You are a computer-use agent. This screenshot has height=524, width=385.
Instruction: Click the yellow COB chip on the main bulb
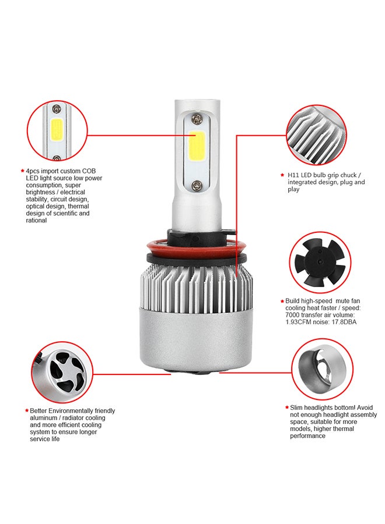click(x=197, y=146)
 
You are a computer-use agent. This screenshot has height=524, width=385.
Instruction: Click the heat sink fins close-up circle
click(x=316, y=134)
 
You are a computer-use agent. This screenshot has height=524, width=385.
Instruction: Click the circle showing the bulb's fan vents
click(x=62, y=372)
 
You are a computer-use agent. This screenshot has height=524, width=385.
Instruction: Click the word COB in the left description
click(x=89, y=171)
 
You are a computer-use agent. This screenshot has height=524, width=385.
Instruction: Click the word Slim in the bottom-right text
click(x=296, y=408)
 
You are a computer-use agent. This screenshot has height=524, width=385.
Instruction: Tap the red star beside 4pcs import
click(x=23, y=171)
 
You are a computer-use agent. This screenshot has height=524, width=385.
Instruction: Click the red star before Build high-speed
click(x=282, y=301)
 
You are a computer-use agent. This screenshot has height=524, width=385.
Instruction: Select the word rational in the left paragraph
click(x=37, y=221)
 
